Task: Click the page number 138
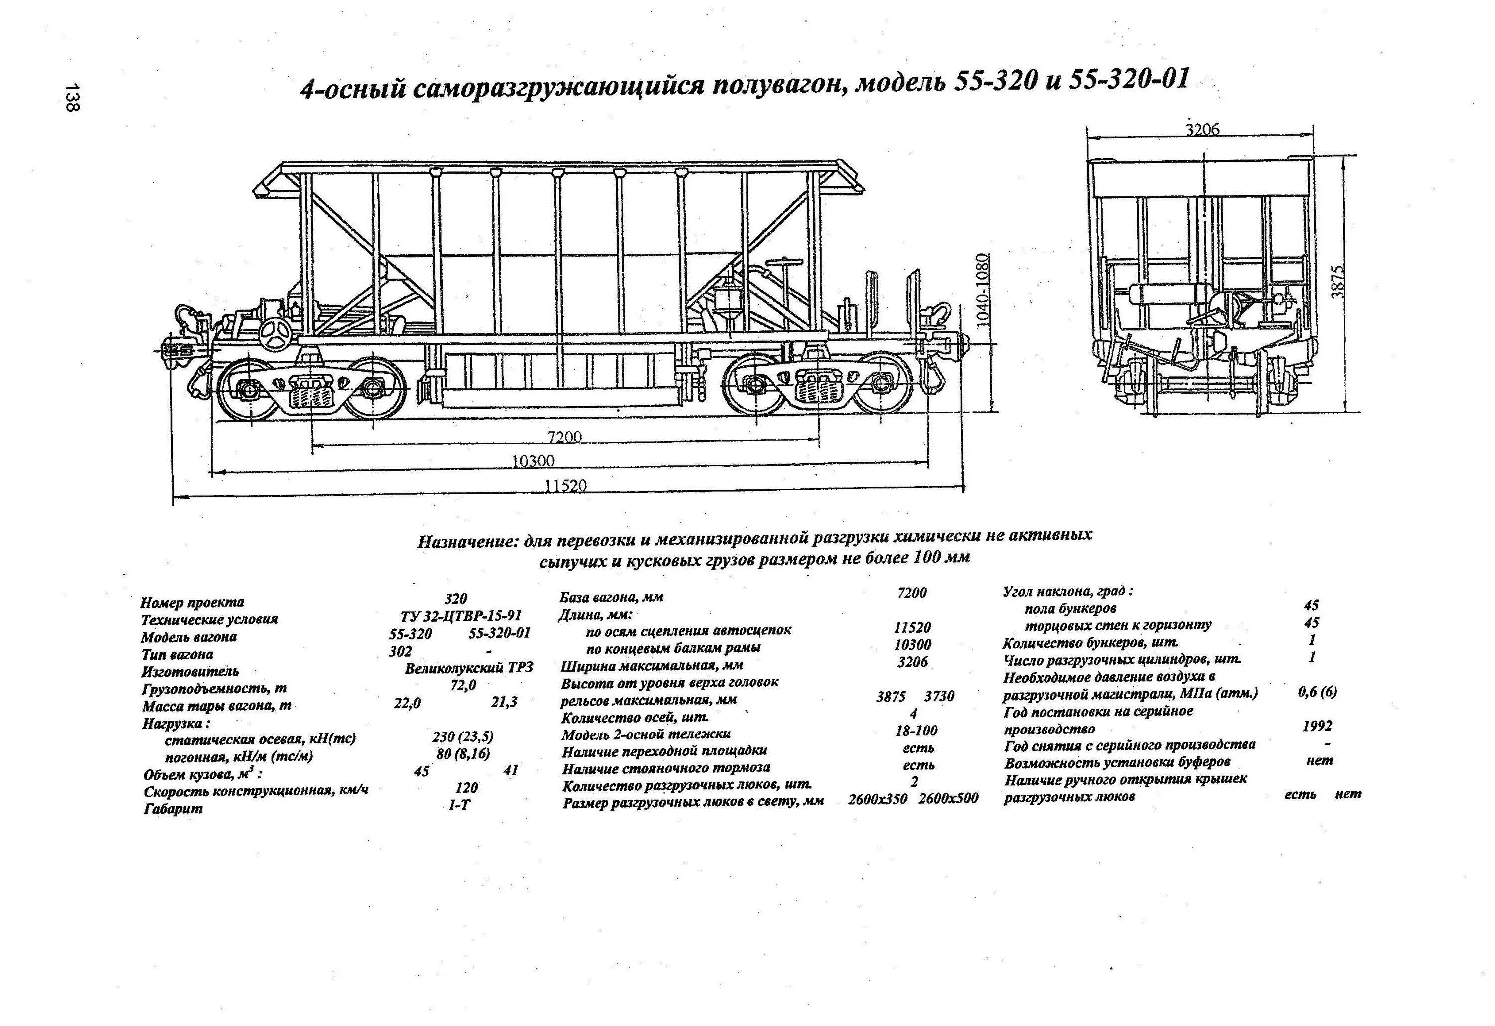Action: (72, 97)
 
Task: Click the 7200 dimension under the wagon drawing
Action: (564, 438)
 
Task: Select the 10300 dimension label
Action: (533, 461)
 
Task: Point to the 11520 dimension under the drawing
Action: (566, 486)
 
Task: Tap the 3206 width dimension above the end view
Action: (1202, 129)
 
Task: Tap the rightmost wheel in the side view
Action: (882, 385)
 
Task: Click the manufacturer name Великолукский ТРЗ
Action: (469, 668)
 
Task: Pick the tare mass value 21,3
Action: (504, 702)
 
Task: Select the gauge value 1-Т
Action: (459, 805)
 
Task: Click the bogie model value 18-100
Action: (916, 731)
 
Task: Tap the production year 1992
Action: (1317, 726)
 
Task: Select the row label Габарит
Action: (173, 809)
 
